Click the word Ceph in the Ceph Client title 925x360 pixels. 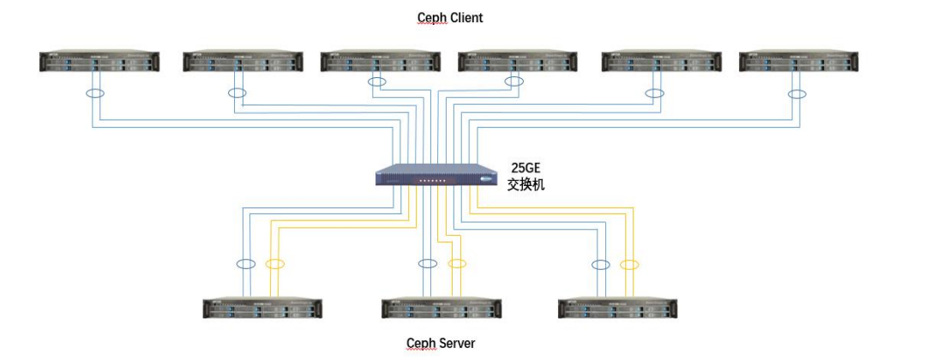[x=431, y=17]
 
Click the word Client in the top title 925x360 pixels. [x=466, y=17]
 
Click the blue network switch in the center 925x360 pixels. [x=437, y=174]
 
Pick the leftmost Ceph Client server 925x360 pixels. [x=99, y=62]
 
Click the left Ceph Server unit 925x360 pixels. [x=261, y=309]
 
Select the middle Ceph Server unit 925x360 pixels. [x=441, y=309]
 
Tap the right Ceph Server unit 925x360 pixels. [x=617, y=309]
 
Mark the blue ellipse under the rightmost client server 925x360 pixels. [x=798, y=93]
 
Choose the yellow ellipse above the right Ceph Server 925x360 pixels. [x=630, y=264]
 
